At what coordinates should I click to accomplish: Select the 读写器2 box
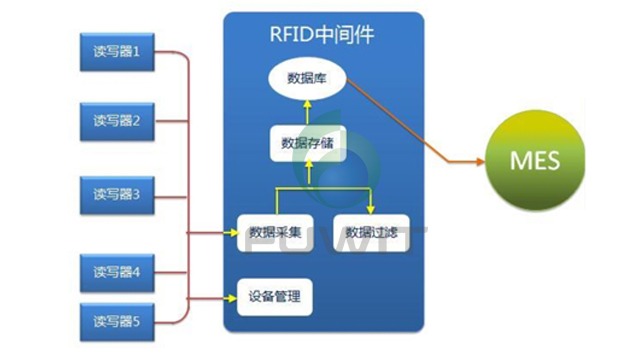click(x=117, y=122)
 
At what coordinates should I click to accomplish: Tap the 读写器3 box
click(x=117, y=193)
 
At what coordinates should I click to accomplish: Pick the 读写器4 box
click(x=117, y=271)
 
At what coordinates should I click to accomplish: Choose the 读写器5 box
click(x=117, y=321)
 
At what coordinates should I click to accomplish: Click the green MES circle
click(x=535, y=161)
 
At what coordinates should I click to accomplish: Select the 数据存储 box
click(x=307, y=142)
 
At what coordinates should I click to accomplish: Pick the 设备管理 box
click(x=274, y=297)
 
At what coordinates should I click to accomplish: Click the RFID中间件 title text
click(x=322, y=32)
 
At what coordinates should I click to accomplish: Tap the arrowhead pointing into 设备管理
click(x=232, y=297)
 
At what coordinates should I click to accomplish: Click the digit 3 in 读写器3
click(x=147, y=193)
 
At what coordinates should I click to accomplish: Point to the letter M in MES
click(x=520, y=161)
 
